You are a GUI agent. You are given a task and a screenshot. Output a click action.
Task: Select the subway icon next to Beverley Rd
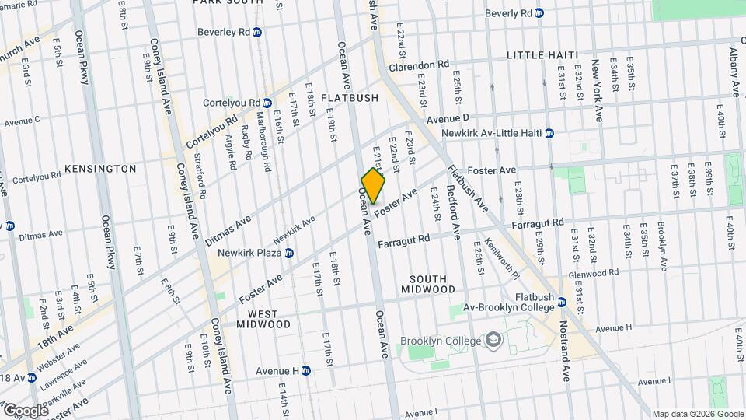click(257, 32)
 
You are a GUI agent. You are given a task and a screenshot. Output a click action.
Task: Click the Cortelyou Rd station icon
click(267, 103)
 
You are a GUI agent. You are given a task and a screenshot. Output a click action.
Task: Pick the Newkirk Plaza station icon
click(289, 253)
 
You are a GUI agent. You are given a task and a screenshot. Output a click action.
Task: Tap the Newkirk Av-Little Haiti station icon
click(549, 133)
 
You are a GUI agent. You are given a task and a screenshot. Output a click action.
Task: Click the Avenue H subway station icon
click(306, 371)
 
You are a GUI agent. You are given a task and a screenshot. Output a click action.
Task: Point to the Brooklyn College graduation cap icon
click(492, 341)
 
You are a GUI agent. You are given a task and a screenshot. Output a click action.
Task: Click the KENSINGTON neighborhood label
click(100, 168)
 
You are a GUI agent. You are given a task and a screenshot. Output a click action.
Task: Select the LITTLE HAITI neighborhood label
click(542, 55)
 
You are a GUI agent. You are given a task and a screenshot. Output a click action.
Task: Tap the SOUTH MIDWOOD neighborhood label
click(428, 284)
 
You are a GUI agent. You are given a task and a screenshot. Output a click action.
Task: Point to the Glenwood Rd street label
click(593, 273)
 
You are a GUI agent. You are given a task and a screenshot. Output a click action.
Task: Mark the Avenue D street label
click(448, 118)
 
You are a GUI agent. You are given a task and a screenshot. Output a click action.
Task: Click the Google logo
click(25, 410)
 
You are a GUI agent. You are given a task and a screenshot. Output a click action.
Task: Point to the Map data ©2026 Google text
click(696, 414)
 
